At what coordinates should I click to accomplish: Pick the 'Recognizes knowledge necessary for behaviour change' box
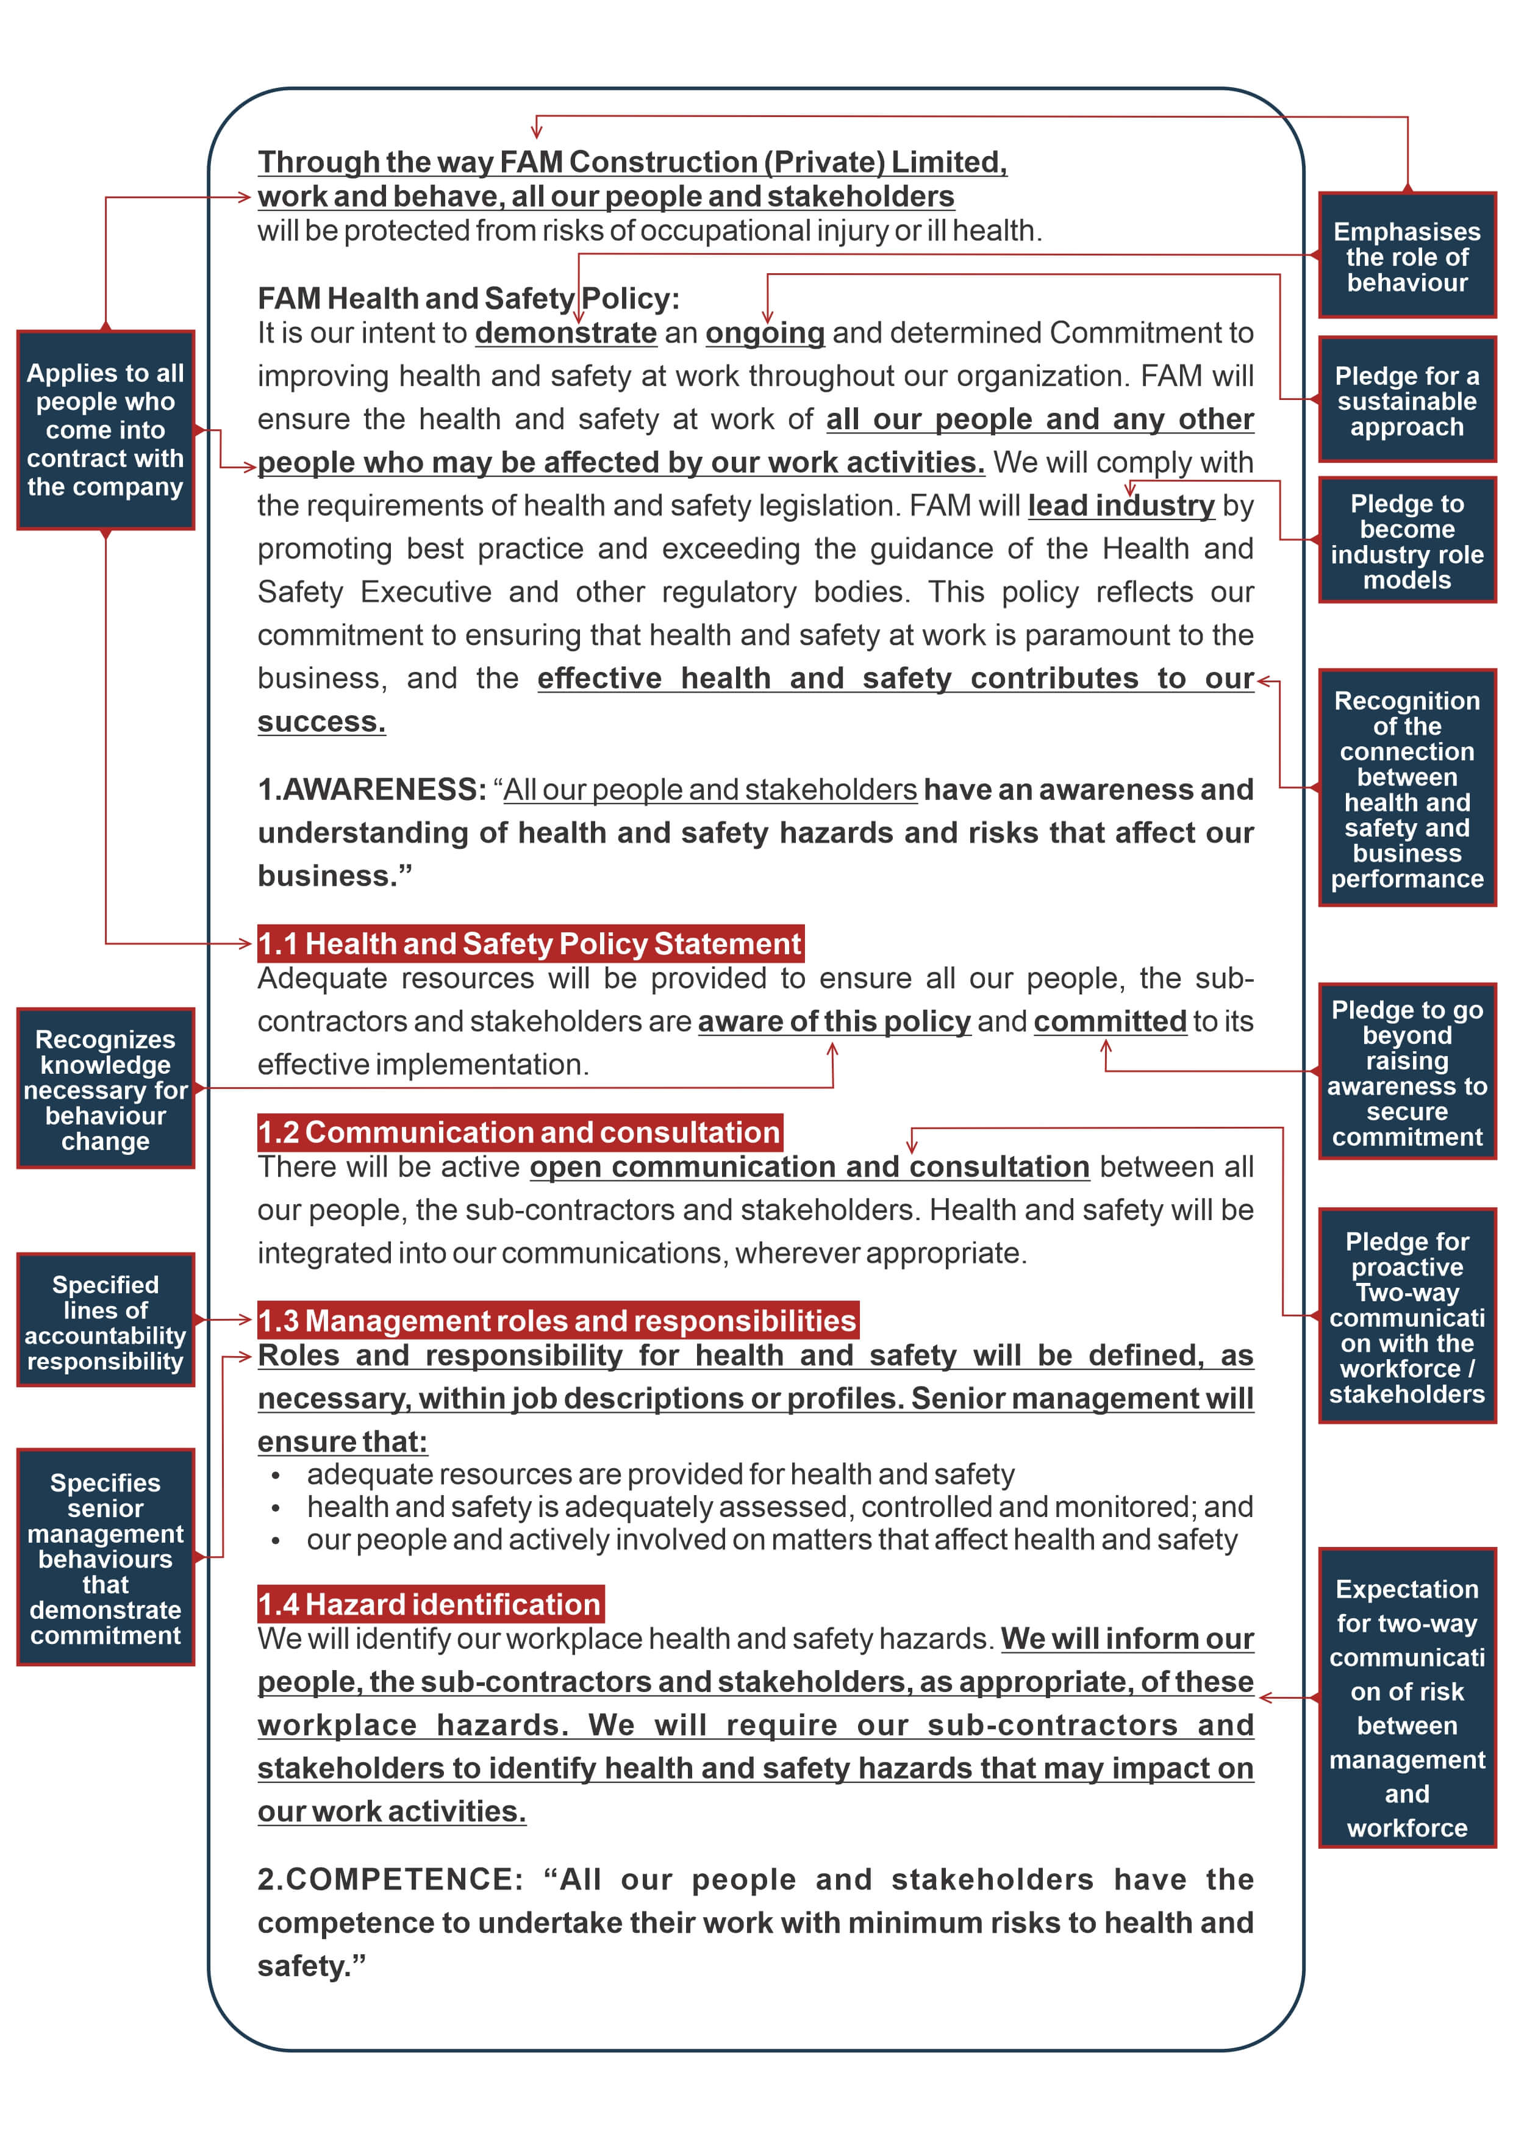click(x=106, y=1088)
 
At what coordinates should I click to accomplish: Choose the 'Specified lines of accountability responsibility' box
click(x=106, y=1320)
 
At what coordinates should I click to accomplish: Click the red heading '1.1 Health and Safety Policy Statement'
click(x=529, y=944)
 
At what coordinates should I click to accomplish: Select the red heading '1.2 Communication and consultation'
click(x=519, y=1132)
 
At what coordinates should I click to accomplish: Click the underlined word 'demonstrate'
click(x=565, y=332)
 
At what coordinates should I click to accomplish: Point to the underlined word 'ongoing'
click(x=765, y=332)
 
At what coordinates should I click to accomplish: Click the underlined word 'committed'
click(x=1110, y=1021)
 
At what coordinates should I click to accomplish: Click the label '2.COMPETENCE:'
click(x=390, y=1879)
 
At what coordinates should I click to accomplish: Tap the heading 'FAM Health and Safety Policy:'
click(x=468, y=298)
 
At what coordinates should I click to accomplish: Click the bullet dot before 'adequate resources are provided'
click(x=276, y=1476)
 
